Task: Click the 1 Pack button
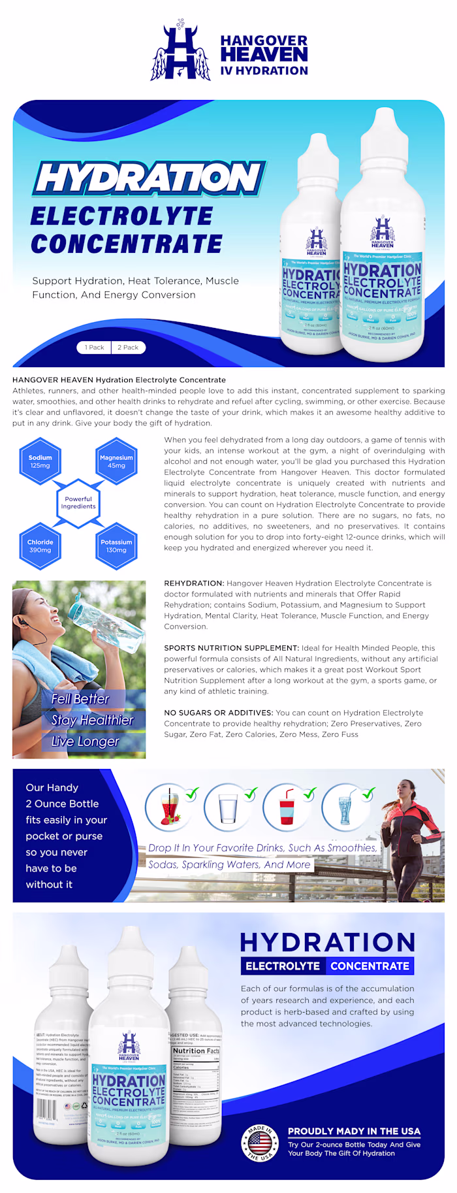[x=94, y=348]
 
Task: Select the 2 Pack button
[x=128, y=348]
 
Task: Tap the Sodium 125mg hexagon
[x=40, y=462]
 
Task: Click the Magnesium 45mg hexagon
[x=116, y=462]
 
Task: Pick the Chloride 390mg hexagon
[x=40, y=546]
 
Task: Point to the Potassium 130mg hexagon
[x=116, y=546]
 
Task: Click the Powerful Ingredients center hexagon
[x=78, y=503]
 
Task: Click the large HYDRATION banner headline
[x=149, y=178]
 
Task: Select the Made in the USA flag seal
[x=259, y=1143]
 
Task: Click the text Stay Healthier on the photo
[x=92, y=720]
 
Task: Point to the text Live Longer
[x=85, y=742]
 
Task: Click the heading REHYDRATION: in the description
[x=194, y=583]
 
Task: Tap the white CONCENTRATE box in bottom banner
[x=370, y=966]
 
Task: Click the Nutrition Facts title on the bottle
[x=196, y=1051]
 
